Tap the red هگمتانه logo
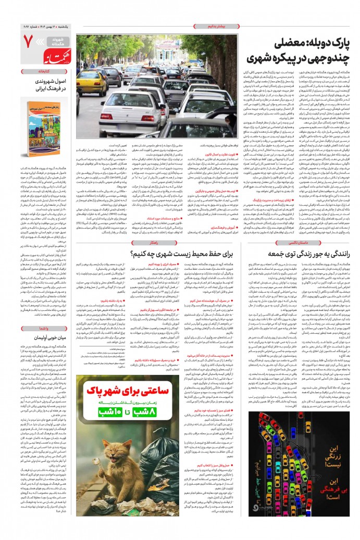[x=52, y=52]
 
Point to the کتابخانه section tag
[x=44, y=71]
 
